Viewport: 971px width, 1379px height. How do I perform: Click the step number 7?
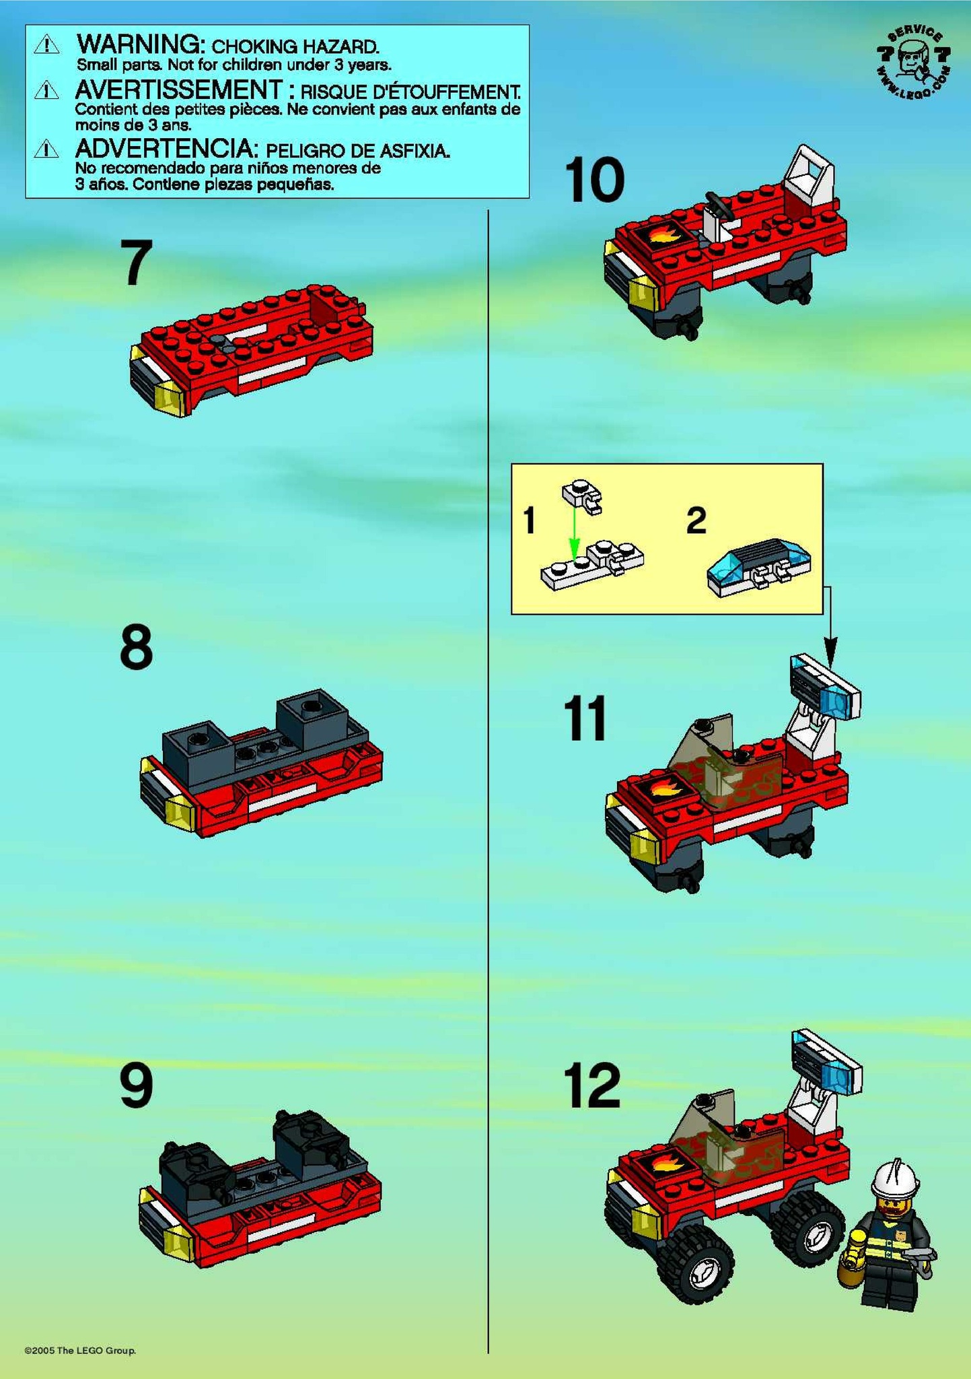(136, 263)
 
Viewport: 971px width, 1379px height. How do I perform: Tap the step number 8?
(136, 647)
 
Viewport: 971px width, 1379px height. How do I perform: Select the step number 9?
(136, 1085)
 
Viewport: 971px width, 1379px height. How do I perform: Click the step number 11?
(585, 718)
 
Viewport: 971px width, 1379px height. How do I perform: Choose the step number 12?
(592, 1085)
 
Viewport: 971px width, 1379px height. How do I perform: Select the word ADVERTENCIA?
(166, 148)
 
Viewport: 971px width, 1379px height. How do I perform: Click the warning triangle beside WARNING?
(46, 45)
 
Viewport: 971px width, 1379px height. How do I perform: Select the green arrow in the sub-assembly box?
(573, 530)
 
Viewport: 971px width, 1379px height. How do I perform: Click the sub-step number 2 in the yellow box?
(696, 520)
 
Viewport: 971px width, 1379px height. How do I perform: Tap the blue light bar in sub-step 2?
(759, 567)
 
